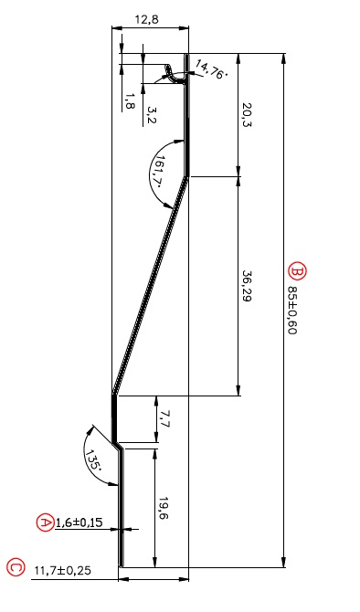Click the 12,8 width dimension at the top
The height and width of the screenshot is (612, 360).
[x=147, y=19]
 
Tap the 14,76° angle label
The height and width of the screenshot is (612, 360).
[x=211, y=69]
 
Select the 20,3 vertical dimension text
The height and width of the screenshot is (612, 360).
[x=247, y=115]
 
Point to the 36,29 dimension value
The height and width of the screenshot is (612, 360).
[x=247, y=287]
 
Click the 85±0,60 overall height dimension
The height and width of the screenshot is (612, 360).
[x=292, y=311]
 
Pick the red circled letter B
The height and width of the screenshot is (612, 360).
[x=298, y=271]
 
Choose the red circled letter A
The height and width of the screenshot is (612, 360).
[x=46, y=522]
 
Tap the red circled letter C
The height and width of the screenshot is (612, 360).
[x=16, y=567]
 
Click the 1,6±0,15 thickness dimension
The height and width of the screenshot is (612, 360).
[x=79, y=522]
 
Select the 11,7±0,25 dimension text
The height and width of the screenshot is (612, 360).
[x=63, y=570]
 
